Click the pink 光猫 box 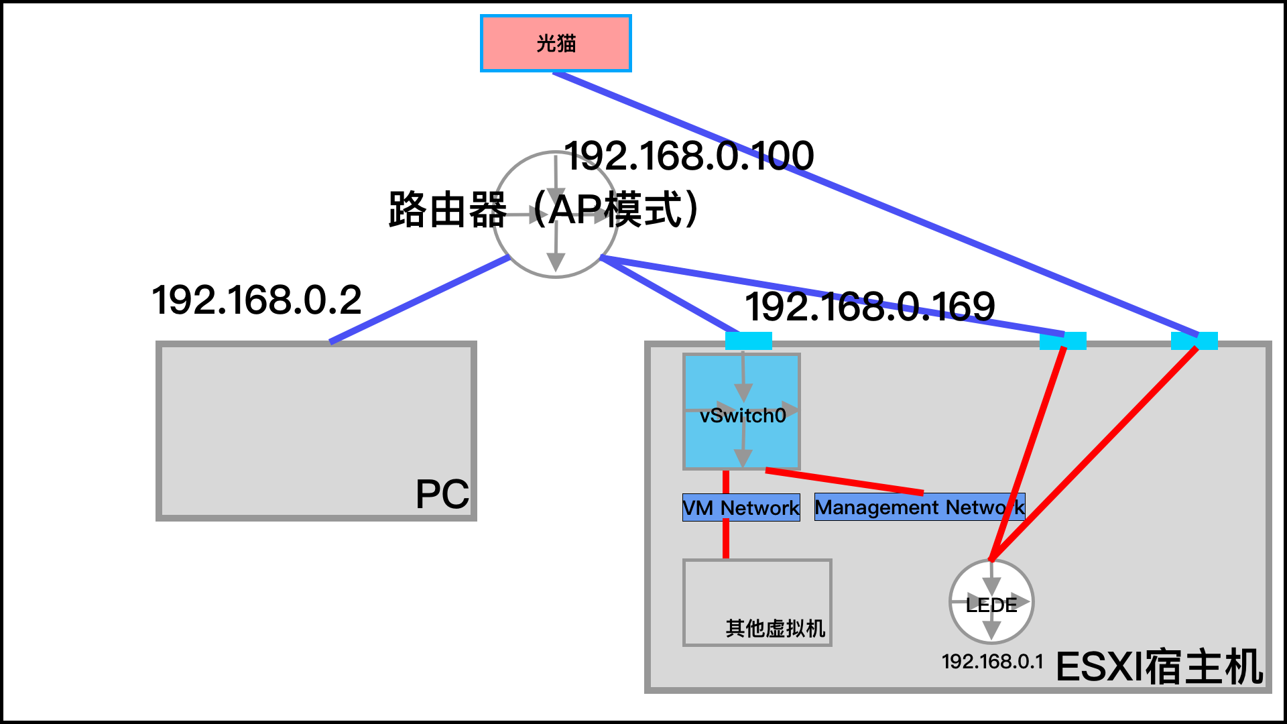click(x=556, y=43)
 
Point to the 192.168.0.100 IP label click(x=689, y=156)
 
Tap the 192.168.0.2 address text click(x=257, y=300)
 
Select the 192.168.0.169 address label click(x=869, y=307)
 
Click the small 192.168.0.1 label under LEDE click(x=992, y=662)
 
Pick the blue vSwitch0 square click(x=741, y=412)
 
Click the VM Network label click(x=741, y=507)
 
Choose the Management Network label click(x=919, y=507)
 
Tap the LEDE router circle click(x=991, y=602)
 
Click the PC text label click(x=442, y=495)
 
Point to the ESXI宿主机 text click(x=1159, y=667)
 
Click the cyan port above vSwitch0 click(x=748, y=341)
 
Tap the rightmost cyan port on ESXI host click(x=1194, y=341)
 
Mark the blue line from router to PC click(x=419, y=300)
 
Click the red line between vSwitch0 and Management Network click(x=845, y=481)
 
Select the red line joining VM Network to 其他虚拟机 click(x=726, y=540)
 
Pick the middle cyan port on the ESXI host click(x=1062, y=341)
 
